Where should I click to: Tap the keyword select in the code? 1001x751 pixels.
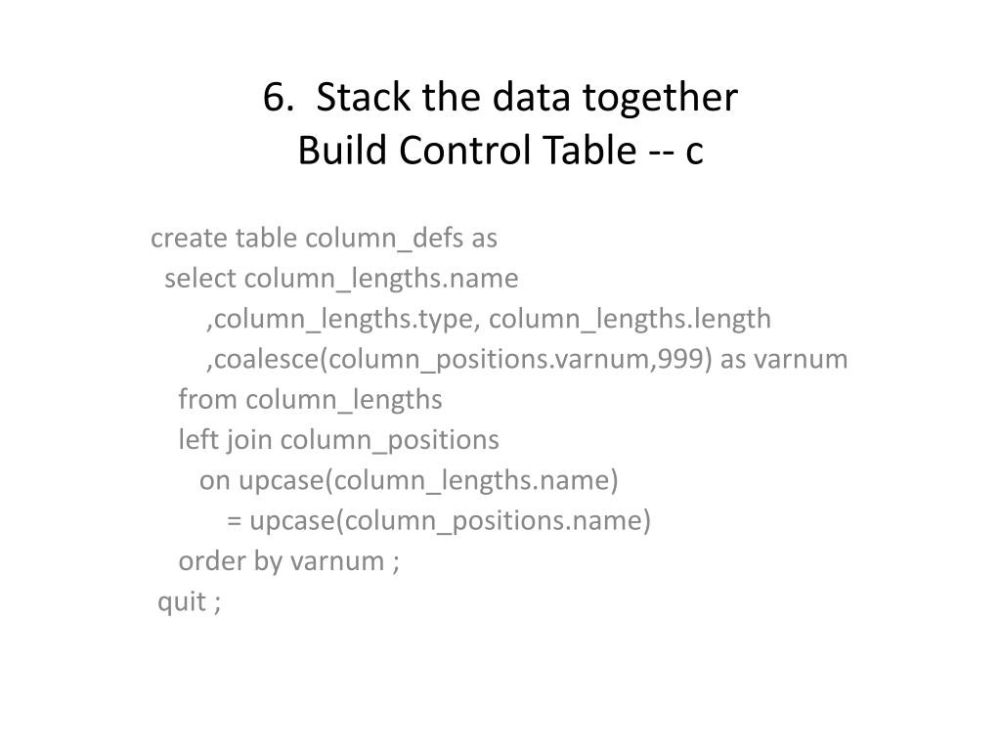200,279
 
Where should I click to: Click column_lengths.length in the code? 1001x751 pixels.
631,320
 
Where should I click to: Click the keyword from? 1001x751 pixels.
208,400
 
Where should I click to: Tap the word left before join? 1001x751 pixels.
198,440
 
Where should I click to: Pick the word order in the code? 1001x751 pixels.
207,561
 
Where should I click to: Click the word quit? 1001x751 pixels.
181,602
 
